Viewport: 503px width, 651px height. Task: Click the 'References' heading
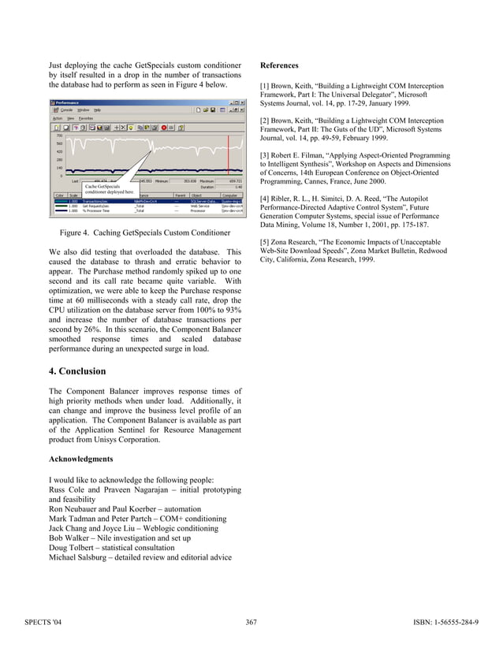click(x=279, y=65)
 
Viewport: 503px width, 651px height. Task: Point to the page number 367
click(x=251, y=623)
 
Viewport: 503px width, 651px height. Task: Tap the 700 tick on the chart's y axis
click(x=58, y=136)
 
